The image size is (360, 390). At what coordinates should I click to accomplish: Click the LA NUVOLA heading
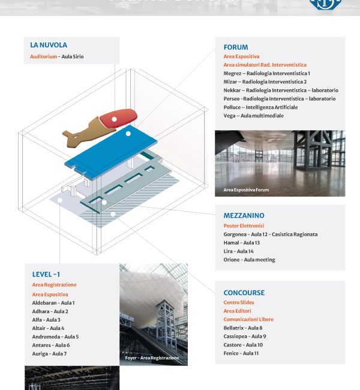[49, 45]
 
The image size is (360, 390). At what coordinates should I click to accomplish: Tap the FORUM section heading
[236, 47]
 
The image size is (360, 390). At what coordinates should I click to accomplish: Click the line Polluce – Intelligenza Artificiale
[260, 107]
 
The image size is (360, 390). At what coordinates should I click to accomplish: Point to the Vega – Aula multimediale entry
[254, 116]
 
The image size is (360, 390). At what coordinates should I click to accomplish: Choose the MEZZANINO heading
[244, 215]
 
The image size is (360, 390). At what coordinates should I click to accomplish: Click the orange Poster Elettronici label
[244, 226]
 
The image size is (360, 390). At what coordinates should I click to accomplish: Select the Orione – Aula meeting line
[250, 260]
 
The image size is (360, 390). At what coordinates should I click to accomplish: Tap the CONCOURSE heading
[244, 293]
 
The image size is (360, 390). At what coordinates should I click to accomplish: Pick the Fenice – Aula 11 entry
[241, 353]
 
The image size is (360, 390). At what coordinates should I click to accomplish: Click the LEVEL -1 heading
[46, 274]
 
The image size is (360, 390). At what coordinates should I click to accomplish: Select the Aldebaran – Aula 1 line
[53, 303]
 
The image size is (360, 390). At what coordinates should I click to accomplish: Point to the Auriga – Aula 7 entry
[49, 353]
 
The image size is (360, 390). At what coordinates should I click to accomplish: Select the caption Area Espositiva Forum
[246, 190]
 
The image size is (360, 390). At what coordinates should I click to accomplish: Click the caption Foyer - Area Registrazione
[152, 358]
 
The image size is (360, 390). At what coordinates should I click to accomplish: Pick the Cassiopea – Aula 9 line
[245, 337]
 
